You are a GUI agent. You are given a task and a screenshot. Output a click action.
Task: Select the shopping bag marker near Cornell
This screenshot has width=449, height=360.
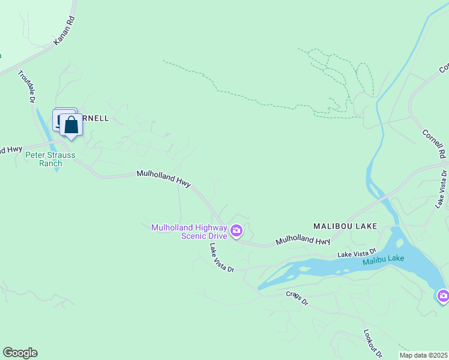[x=71, y=126]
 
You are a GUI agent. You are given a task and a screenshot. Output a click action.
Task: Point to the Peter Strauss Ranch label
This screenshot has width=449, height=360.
[x=50, y=159]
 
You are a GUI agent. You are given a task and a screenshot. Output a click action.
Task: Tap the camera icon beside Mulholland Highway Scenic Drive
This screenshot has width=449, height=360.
[x=237, y=230]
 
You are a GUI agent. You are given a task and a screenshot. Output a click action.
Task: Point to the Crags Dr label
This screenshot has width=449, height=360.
[x=297, y=297]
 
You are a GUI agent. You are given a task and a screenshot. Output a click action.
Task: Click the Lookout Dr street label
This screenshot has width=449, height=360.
[x=373, y=343]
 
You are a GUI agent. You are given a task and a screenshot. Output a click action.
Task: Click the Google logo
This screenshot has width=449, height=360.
[x=20, y=353]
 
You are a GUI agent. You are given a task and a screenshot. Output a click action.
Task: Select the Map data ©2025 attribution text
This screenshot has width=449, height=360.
[x=423, y=355]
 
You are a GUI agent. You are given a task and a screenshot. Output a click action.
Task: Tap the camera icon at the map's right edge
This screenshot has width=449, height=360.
[x=443, y=295]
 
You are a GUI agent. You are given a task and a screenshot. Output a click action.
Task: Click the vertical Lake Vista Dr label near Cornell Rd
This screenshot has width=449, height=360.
[x=442, y=189]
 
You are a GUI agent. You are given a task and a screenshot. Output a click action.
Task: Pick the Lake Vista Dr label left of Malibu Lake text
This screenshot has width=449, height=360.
[x=357, y=254]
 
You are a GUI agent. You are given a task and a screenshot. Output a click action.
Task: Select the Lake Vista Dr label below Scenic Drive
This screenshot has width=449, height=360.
[x=221, y=258]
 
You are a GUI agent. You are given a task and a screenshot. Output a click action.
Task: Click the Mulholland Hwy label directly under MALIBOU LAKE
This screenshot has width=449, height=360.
[x=303, y=241]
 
